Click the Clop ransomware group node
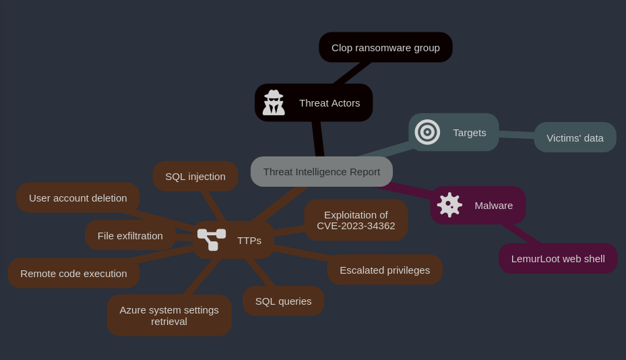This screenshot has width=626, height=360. click(385, 47)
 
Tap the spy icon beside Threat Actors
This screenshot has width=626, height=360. click(274, 102)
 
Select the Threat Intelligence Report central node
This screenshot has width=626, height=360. click(321, 171)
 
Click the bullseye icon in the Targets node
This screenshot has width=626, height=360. click(427, 132)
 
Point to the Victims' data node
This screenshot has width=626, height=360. click(575, 138)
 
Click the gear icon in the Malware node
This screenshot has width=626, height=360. click(449, 205)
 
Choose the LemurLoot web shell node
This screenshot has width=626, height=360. click(557, 258)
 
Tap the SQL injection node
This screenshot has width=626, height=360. click(195, 176)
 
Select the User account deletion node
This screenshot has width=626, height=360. click(77, 198)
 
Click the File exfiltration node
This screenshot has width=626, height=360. click(130, 235)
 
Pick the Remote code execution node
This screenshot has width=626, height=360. click(73, 273)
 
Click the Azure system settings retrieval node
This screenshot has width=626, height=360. click(169, 315)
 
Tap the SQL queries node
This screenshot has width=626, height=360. click(283, 301)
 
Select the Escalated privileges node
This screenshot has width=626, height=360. click(385, 270)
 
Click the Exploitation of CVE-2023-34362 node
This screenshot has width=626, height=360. click(356, 220)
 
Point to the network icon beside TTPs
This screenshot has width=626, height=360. click(212, 239)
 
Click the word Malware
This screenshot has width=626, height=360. click(493, 205)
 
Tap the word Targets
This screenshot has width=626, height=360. click(469, 132)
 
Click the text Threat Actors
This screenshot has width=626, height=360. click(330, 102)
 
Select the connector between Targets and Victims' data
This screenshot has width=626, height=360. click(517, 135)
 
